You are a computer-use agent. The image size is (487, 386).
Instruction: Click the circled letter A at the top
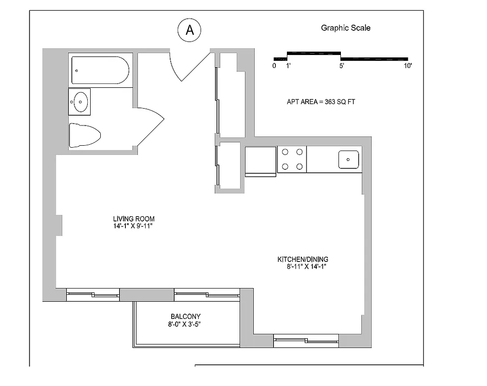(189, 30)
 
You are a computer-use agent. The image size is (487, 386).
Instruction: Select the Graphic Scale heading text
(346, 28)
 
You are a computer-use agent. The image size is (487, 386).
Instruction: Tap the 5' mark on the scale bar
(341, 66)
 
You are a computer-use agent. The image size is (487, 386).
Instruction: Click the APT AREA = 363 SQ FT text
(321, 102)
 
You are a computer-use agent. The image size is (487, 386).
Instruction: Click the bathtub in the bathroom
(100, 70)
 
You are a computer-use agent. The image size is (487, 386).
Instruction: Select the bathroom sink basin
(80, 101)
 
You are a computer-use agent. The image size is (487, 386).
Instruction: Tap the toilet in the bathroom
(84, 135)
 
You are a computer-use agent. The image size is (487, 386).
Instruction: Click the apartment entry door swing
(188, 65)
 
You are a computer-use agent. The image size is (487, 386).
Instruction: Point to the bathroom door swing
(149, 125)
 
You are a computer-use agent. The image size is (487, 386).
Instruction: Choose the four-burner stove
(292, 159)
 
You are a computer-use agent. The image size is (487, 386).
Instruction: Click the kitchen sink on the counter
(348, 159)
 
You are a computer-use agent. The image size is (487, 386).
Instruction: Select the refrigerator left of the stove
(260, 161)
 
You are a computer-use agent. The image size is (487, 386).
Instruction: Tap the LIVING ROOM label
(134, 219)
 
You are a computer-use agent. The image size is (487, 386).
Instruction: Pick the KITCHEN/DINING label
(303, 259)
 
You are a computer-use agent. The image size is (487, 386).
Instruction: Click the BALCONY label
(185, 317)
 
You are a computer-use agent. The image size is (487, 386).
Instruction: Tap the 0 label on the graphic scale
(274, 66)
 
